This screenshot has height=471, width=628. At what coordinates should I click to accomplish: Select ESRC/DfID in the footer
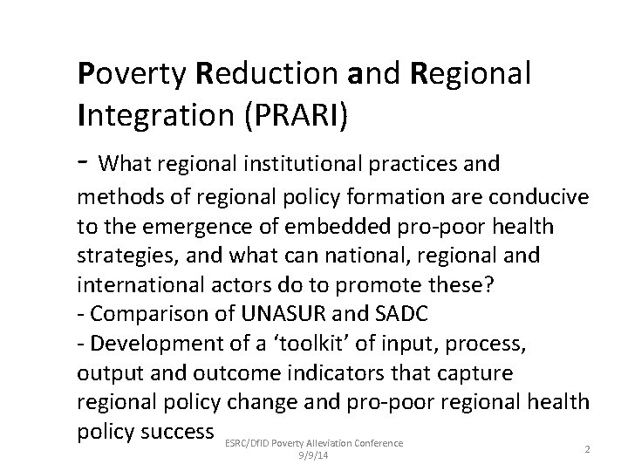point(246,443)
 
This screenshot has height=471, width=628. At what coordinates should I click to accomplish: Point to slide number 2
point(587,449)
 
